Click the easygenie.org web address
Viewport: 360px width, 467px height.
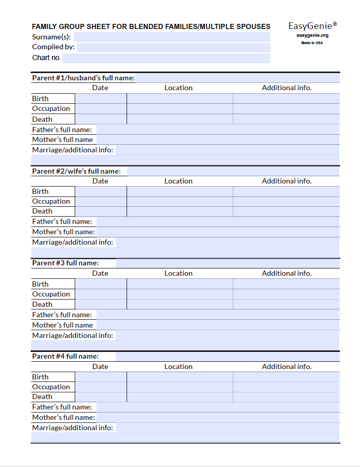(312, 35)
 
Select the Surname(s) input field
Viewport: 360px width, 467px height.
(172, 37)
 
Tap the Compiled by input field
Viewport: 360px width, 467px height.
(173, 47)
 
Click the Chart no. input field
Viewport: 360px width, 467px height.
(166, 58)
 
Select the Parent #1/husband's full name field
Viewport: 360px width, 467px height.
(237, 78)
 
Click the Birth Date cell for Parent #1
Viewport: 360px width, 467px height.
(101, 98)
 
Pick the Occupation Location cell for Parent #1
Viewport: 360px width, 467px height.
(179, 109)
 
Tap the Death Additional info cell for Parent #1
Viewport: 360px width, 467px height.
(286, 119)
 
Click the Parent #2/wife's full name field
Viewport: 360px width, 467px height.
(233, 171)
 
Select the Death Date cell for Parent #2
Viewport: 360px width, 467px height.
(101, 211)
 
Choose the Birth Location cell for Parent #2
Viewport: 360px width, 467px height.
(179, 191)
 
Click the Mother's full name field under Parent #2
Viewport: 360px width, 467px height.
(218, 232)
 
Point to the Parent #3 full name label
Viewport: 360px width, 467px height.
(65, 263)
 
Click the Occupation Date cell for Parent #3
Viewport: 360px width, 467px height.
(101, 294)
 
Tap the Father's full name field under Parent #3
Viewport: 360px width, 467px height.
(218, 315)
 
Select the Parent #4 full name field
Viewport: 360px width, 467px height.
(227, 356)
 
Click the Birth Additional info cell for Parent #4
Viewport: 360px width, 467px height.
(286, 377)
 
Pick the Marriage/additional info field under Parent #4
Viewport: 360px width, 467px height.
(227, 428)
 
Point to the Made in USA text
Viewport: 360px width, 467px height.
(312, 43)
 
